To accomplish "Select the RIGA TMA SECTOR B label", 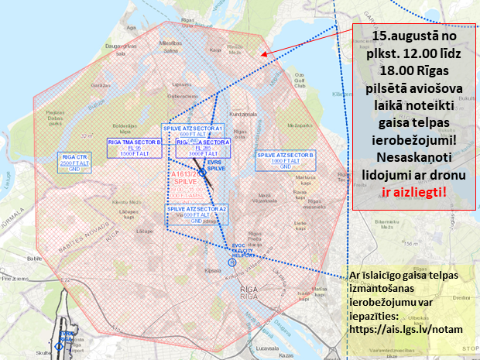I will point(134,146).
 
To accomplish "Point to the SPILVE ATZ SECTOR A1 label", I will point(192,132).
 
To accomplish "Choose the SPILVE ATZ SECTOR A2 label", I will point(197,214).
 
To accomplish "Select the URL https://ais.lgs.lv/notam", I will point(406,329).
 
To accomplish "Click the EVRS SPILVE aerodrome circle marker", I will point(202,183).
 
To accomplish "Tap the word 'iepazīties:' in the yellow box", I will point(381,316).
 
